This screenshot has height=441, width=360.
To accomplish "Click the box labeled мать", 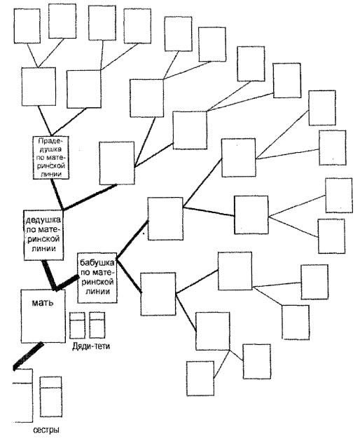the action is (43, 316).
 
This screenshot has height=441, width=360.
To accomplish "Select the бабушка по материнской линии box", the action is (97, 278).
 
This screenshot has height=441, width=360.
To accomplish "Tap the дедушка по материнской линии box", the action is (43, 235).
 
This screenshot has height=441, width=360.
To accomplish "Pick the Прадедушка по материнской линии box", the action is (51, 158).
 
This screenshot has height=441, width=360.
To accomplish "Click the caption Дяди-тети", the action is (91, 346).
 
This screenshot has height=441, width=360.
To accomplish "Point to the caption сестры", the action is (46, 430).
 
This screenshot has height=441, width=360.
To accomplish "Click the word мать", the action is (43, 303).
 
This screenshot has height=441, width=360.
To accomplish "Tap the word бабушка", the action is (97, 263).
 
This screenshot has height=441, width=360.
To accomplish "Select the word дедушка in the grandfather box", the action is (43, 219).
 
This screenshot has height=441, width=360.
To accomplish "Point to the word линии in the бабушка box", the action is (97, 291).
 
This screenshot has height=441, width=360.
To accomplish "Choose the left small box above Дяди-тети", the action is (77, 325).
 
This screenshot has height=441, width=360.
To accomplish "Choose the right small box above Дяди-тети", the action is (97, 325).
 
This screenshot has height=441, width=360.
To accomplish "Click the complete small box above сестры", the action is (50, 397).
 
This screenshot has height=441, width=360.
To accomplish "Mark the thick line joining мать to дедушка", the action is (49, 276).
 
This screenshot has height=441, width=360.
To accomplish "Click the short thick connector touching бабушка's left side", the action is (68, 283).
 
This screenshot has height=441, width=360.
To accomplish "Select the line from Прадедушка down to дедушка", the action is (57, 195).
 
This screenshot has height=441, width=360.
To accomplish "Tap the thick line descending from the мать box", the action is (28, 356).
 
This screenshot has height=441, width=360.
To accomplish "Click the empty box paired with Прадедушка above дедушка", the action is (117, 163).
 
